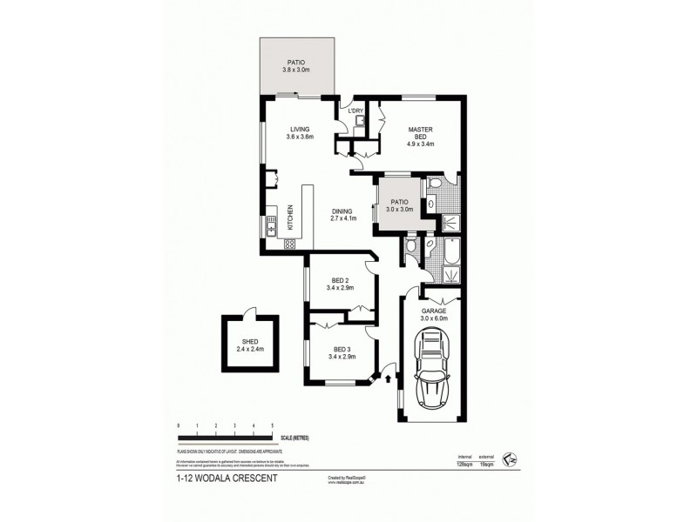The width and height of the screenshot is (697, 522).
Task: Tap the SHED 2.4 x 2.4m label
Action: pos(249,345)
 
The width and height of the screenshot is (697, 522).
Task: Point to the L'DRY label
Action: pos(355,111)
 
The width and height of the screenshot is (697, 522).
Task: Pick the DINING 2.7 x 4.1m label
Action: pos(346,214)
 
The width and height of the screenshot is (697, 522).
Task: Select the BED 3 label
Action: pos(340,351)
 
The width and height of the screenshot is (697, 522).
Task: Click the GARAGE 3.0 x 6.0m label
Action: pos(434,315)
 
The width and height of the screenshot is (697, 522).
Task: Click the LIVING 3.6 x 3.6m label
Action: pos(299,133)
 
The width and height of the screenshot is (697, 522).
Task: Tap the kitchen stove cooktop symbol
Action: pos(288,244)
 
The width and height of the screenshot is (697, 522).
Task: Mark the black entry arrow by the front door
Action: pos(388,378)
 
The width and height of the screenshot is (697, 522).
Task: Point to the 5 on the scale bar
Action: pos(273,425)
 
